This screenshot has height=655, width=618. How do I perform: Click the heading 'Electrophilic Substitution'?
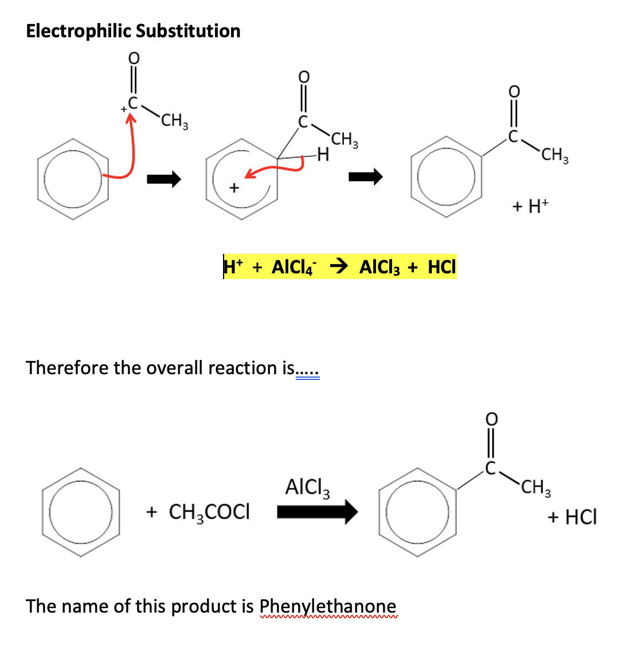point(133,31)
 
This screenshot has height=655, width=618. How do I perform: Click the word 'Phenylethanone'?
point(327,606)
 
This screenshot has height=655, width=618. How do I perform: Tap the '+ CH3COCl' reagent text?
point(198,512)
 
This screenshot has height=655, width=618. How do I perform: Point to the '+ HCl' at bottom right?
point(572,517)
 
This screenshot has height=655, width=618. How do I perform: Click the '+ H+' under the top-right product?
point(530,207)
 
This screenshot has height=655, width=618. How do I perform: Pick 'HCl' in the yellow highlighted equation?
point(441,267)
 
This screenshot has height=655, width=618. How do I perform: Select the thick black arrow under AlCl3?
point(317,511)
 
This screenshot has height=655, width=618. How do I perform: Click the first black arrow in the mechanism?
point(163,180)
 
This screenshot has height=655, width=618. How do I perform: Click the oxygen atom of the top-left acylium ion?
point(133,58)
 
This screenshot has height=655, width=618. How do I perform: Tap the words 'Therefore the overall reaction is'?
point(160,367)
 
